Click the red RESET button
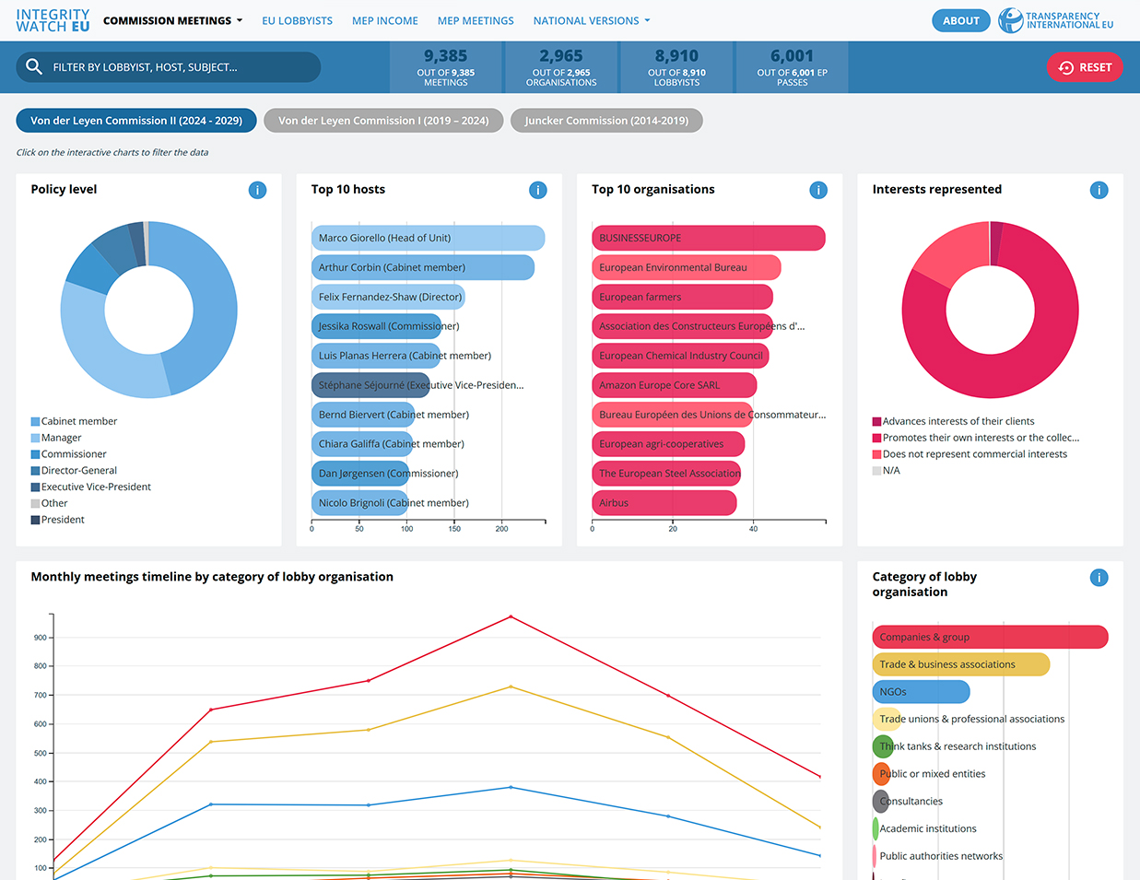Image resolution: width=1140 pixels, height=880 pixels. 1085,67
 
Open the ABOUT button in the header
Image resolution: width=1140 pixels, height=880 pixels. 960,20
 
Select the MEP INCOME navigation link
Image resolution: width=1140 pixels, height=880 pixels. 384,20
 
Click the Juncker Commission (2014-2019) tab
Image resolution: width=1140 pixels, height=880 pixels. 606,121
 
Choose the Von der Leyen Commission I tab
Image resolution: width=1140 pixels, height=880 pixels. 383,121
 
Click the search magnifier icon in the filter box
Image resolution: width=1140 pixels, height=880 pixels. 34,66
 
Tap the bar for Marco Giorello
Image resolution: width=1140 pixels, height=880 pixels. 428,238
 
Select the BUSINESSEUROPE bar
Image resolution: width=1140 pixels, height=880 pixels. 708,238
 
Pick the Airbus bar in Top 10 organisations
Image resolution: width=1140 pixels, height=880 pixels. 664,503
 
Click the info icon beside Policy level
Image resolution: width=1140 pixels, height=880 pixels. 258,190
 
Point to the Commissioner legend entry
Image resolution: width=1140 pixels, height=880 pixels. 74,454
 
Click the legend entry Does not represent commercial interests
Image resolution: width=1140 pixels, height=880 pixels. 974,454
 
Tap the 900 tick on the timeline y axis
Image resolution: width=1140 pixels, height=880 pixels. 41,638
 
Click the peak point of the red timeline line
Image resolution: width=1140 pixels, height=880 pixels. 511,616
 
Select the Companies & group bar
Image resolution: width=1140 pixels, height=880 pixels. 990,637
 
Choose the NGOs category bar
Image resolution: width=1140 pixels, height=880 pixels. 921,692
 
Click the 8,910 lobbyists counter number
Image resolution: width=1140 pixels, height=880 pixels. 676,56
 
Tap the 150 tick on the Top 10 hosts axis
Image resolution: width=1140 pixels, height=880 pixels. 454,528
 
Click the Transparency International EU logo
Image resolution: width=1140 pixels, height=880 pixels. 1056,20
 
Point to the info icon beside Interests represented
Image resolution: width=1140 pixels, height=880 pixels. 1099,190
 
